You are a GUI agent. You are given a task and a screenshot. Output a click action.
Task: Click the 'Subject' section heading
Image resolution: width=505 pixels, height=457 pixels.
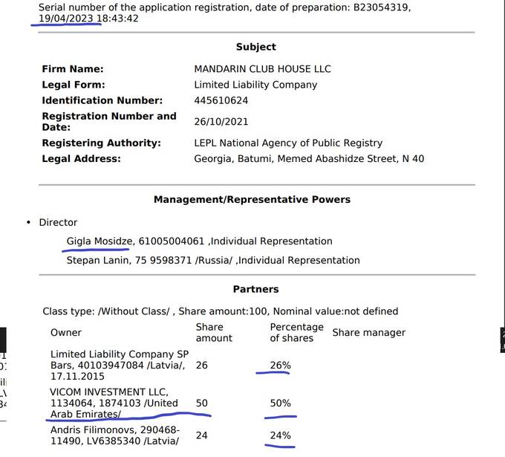(x=255, y=47)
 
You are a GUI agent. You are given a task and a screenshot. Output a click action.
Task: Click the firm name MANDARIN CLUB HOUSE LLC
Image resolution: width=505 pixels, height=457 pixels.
(x=262, y=69)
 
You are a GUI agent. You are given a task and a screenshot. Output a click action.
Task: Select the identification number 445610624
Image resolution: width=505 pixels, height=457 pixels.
(x=221, y=100)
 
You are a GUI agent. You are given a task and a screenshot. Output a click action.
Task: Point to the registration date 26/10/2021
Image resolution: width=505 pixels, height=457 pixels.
(x=221, y=121)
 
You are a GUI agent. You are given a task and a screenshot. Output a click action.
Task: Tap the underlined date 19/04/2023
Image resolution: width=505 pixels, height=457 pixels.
(x=66, y=18)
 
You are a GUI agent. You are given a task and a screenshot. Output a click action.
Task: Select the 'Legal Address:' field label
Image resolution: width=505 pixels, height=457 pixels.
(x=81, y=158)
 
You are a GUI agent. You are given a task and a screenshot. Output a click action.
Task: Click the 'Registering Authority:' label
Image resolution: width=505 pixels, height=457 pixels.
(x=101, y=143)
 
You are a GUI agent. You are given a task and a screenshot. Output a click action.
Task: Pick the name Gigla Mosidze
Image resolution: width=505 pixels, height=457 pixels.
(x=100, y=241)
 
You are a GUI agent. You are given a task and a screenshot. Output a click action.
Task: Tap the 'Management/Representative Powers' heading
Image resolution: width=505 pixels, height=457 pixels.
(x=252, y=200)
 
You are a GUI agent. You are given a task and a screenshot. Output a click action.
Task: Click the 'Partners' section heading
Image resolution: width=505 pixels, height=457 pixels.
(x=255, y=289)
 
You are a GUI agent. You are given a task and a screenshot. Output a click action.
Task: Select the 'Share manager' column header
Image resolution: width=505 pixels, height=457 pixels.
(x=368, y=332)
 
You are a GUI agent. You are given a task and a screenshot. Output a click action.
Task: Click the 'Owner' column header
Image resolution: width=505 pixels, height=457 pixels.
(x=66, y=332)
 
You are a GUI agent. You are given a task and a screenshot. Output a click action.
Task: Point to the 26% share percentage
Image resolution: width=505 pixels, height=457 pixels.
(x=280, y=366)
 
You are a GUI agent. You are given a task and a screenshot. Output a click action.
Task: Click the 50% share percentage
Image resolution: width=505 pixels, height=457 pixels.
(x=280, y=403)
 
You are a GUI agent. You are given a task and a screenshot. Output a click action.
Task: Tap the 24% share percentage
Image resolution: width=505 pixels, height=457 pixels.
(x=280, y=435)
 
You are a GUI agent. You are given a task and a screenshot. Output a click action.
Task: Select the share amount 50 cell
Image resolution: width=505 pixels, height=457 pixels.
(x=202, y=403)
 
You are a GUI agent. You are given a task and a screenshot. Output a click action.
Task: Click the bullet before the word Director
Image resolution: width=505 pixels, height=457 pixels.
(x=28, y=222)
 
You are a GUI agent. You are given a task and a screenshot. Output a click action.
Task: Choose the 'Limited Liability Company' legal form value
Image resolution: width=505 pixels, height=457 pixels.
(x=255, y=85)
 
